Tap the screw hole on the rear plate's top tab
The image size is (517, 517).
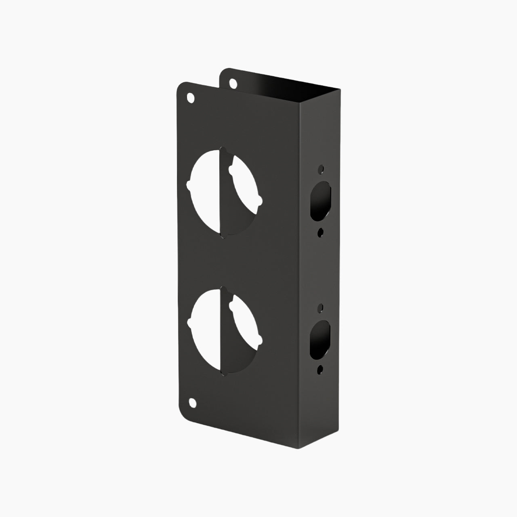[x=233, y=84]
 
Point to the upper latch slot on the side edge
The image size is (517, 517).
[x=321, y=200]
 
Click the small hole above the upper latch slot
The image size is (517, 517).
[x=321, y=168]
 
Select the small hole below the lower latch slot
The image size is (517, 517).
[x=320, y=368]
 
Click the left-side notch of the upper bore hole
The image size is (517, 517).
[x=189, y=185]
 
